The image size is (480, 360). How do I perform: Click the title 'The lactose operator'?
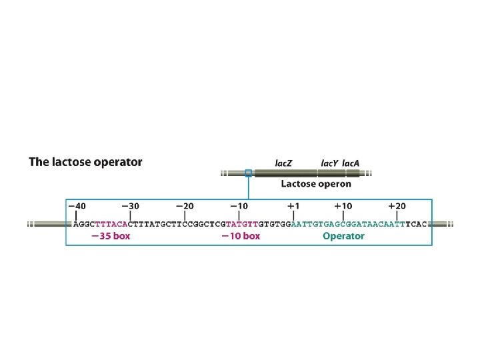85,162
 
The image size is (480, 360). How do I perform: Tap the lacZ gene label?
283,162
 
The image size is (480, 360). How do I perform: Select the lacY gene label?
329,162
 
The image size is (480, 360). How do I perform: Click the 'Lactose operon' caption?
315,184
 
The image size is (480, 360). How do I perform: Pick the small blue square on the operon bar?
248,173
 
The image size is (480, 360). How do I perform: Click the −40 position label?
77,207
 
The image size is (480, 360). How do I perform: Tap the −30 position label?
131,207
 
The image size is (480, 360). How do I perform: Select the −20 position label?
185,207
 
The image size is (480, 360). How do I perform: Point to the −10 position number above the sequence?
239,207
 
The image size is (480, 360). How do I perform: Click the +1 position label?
293,207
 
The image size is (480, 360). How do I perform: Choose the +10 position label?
343,207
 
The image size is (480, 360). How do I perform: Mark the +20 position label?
397,207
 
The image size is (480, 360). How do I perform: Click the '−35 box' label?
111,236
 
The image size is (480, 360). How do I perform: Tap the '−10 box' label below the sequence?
241,236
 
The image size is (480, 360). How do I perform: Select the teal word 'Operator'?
343,236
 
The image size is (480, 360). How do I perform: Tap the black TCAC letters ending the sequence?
416,224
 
